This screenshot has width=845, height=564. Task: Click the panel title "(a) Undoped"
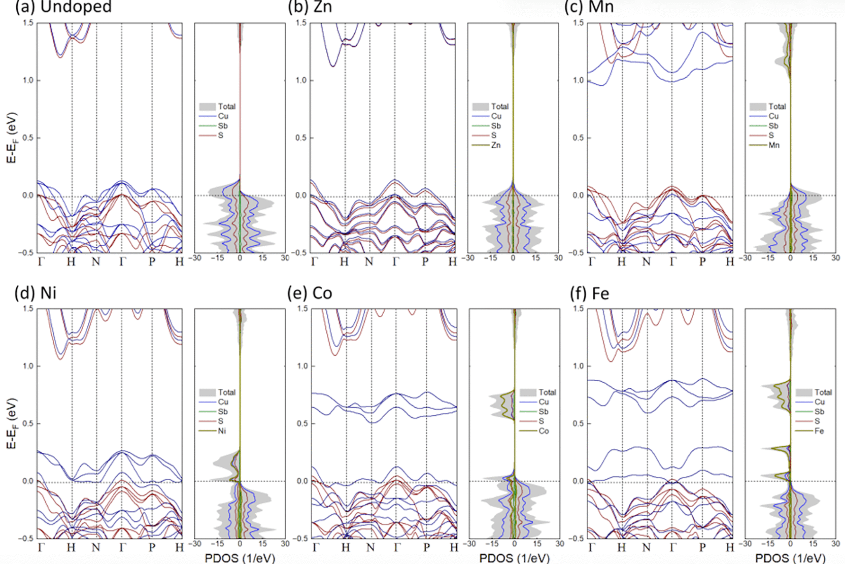pyautogui.click(x=63, y=7)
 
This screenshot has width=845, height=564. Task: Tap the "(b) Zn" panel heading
pyautogui.click(x=310, y=7)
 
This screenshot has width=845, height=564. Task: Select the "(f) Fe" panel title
pyautogui.click(x=590, y=293)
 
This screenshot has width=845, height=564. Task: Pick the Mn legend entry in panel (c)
pyautogui.click(x=765, y=145)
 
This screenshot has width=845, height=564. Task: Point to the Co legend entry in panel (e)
pyautogui.click(x=534, y=431)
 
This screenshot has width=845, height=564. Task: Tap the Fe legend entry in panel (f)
pyautogui.click(x=810, y=431)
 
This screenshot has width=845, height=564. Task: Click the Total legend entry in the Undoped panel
pyautogui.click(x=217, y=107)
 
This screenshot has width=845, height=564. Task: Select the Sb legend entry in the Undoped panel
pyautogui.click(x=214, y=126)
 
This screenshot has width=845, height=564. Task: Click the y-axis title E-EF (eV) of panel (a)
pyautogui.click(x=12, y=138)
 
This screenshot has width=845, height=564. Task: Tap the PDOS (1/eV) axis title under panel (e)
pyautogui.click(x=515, y=558)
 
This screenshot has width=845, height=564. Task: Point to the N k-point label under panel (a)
pyautogui.click(x=96, y=261)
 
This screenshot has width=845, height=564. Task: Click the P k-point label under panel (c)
pyautogui.click(x=702, y=261)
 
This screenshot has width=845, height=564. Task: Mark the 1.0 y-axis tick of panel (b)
pyautogui.click(x=301, y=80)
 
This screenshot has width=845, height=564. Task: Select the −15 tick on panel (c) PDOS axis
pyautogui.click(x=767, y=258)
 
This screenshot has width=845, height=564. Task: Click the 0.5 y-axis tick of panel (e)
pyautogui.click(x=302, y=424)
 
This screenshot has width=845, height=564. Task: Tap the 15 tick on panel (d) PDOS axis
pyautogui.click(x=262, y=544)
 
